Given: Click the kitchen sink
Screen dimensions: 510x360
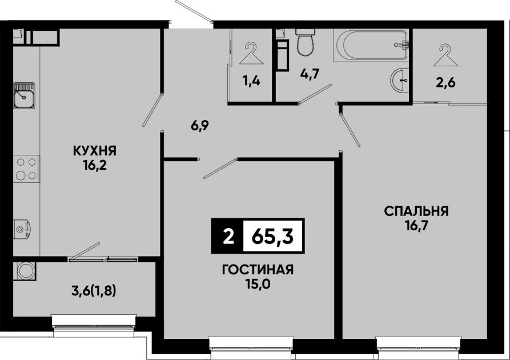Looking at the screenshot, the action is tap(25, 95).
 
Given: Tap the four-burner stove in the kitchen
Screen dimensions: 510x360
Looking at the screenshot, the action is tap(26, 169).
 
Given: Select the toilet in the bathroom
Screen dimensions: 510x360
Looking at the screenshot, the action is tap(306, 42).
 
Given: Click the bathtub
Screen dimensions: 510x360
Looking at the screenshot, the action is tap(371, 45).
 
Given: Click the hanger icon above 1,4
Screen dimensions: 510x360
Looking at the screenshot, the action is tap(251, 53).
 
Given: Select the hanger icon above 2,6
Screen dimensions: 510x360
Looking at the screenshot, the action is tap(446, 55).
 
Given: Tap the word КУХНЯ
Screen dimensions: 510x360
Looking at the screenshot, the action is tap(95, 151).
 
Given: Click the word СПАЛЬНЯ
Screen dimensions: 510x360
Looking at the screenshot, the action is tap(416, 211).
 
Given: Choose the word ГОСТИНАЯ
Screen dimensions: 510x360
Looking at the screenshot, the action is tap(258, 270).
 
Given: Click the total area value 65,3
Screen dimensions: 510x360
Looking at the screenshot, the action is tap(272, 237).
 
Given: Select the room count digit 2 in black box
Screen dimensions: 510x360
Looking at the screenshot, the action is tap(228, 237).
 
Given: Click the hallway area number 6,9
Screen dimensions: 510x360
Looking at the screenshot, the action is tap(200, 126).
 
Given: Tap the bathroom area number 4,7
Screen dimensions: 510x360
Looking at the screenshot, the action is tap(310, 74).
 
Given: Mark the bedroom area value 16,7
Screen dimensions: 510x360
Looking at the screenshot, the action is tap(416, 226).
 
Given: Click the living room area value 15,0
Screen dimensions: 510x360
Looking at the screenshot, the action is tap(258, 285).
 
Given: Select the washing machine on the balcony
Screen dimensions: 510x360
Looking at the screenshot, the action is tap(25, 270).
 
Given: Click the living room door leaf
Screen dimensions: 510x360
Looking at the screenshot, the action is tap(219, 169).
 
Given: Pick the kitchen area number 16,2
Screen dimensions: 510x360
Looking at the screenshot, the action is tap(95, 166).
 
